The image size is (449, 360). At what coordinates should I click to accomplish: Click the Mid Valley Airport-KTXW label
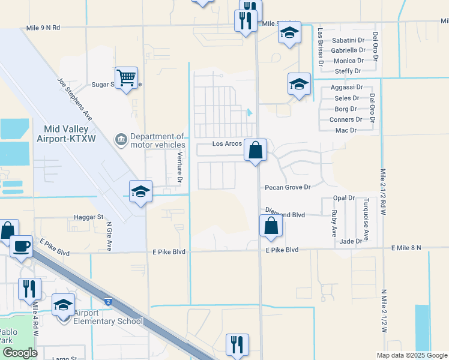click(x=66, y=134)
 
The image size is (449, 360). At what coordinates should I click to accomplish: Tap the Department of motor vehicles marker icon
click(x=121, y=140)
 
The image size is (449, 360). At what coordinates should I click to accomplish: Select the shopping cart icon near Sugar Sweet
click(x=126, y=77)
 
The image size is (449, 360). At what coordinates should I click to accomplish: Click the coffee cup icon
click(x=21, y=246)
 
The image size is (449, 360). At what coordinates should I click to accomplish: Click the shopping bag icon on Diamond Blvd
click(x=271, y=226)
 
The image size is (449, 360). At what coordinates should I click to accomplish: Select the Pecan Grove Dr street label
click(x=288, y=187)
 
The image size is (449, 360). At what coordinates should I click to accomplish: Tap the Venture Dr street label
click(x=179, y=167)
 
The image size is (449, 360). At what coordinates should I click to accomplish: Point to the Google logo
click(x=19, y=353)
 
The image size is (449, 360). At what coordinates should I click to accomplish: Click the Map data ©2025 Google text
click(x=412, y=355)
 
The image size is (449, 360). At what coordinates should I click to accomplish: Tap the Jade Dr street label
click(x=351, y=241)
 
